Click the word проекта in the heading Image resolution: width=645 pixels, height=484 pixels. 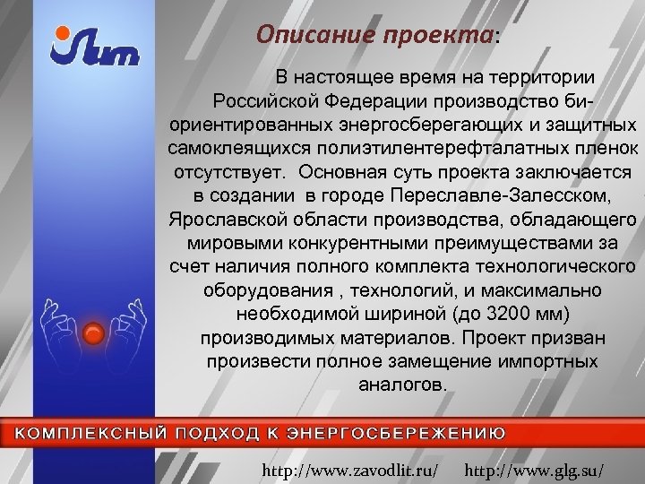435,35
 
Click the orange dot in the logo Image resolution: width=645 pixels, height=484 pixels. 62,33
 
